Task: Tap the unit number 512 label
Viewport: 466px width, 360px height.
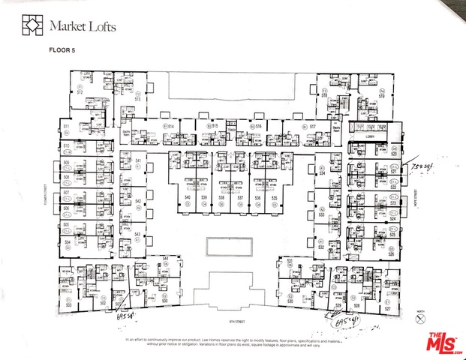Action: point(79,92)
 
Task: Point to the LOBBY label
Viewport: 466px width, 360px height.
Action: point(368,137)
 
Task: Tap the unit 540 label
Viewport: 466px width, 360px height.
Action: point(187,197)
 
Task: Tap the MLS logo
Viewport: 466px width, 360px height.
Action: point(444,342)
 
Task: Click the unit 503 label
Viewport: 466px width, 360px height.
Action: point(68,305)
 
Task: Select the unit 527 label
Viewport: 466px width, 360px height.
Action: point(388,308)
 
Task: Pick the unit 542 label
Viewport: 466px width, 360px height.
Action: point(138,201)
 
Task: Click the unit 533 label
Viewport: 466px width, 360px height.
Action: point(320,214)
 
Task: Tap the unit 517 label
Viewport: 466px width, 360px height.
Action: point(312,127)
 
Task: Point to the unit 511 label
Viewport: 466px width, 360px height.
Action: point(66,126)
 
